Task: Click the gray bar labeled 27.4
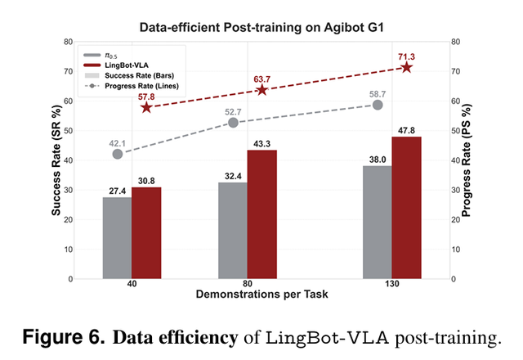coord(117,237)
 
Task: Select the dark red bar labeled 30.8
coord(146,232)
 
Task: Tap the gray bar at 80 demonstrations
coord(233,230)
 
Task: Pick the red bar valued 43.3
coord(262,214)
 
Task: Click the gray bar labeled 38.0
coord(378,222)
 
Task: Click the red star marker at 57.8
coord(146,107)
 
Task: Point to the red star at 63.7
coord(262,89)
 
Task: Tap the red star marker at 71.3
coord(407,67)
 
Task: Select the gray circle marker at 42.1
coord(118,153)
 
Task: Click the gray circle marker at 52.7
coord(233,122)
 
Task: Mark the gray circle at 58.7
coord(378,105)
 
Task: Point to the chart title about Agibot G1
coord(261,25)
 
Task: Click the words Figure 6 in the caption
coord(60,337)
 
